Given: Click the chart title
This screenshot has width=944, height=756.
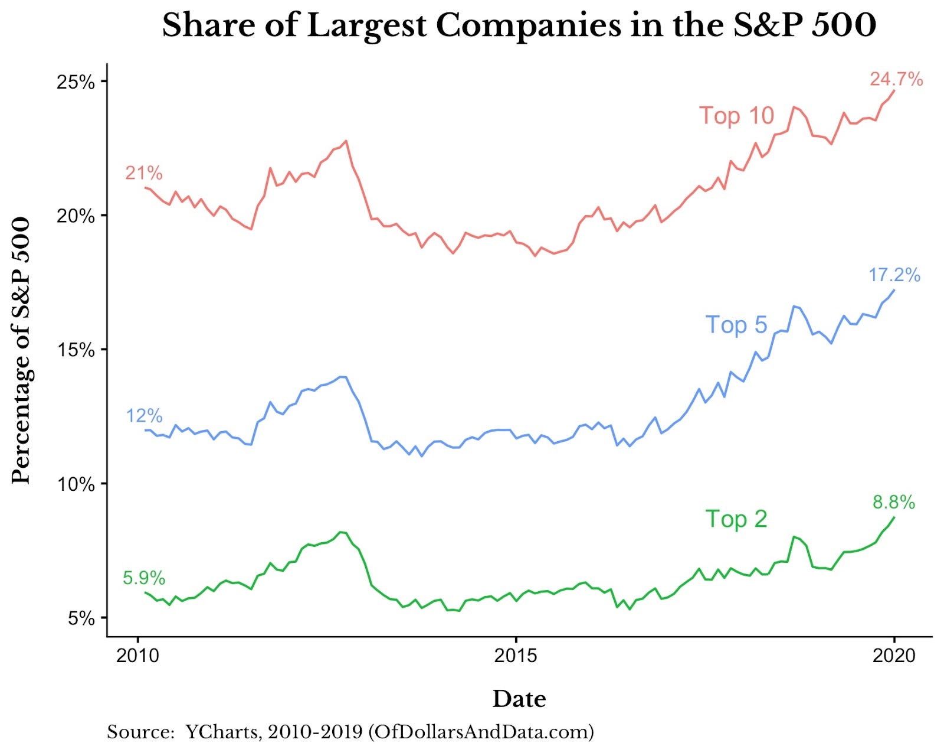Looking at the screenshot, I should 519,26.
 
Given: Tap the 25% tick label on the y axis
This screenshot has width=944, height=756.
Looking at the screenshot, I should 76,82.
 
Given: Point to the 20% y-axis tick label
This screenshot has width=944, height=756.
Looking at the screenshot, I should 76,216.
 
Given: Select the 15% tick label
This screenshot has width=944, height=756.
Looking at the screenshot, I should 76,350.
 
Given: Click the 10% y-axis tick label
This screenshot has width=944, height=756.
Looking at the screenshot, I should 76,484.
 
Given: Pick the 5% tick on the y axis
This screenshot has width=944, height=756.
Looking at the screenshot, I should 81,618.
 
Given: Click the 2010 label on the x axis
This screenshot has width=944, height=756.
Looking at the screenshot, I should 138,656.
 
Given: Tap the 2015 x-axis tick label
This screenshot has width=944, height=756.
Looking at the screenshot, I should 516,656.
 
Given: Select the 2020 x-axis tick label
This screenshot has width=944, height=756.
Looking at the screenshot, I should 894,656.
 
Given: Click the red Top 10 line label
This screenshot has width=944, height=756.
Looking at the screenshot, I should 736,116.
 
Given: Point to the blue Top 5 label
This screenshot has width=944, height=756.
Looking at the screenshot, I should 736,325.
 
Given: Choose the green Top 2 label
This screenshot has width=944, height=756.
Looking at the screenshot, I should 736,519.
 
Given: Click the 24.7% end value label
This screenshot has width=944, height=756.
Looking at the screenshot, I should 896,79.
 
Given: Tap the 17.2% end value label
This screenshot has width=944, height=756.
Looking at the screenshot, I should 894,275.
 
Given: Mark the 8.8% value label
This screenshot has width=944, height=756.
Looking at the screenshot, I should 894,502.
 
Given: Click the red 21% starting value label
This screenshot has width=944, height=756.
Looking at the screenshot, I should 143,173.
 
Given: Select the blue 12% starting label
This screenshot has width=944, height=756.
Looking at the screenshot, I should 144,416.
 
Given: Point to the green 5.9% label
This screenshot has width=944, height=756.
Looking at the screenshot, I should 144,578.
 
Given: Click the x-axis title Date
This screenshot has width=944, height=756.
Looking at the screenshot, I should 519,699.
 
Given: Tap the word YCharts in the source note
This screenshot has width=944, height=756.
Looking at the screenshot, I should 222,732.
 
